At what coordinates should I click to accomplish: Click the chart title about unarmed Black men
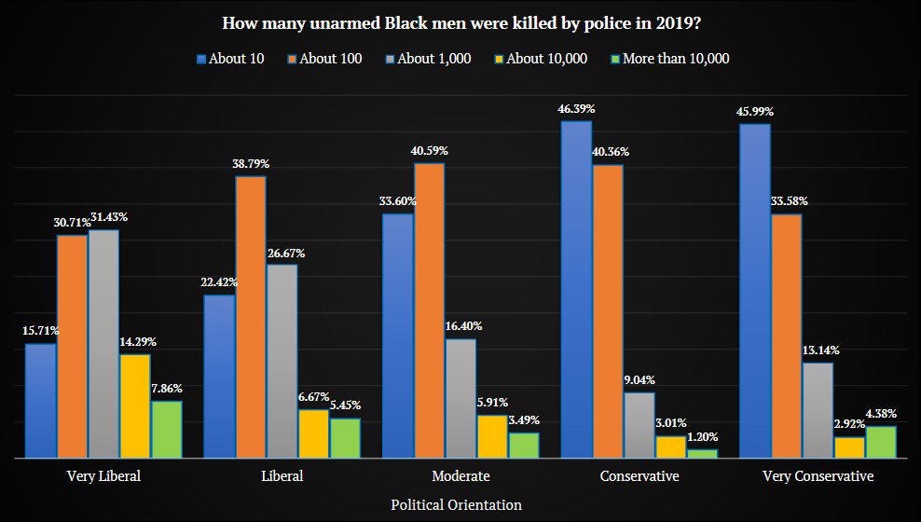(460, 21)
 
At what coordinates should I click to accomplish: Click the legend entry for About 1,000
(427, 59)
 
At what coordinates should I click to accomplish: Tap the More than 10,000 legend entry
(667, 59)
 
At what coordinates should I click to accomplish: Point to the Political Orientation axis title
(456, 504)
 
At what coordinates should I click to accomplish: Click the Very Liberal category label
(103, 476)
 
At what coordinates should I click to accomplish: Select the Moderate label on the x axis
(460, 476)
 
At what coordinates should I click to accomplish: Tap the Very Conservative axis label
(818, 476)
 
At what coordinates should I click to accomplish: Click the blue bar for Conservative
(576, 290)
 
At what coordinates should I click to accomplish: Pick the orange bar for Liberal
(250, 317)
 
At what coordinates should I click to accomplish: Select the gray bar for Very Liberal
(103, 344)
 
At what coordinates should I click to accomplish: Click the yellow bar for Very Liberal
(134, 406)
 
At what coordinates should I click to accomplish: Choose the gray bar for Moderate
(460, 398)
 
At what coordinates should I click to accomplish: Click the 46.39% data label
(576, 110)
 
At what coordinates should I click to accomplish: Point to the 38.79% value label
(250, 165)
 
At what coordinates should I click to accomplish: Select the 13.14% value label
(820, 351)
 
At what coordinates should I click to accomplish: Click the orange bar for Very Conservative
(786, 337)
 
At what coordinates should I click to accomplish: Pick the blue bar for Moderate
(398, 336)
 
